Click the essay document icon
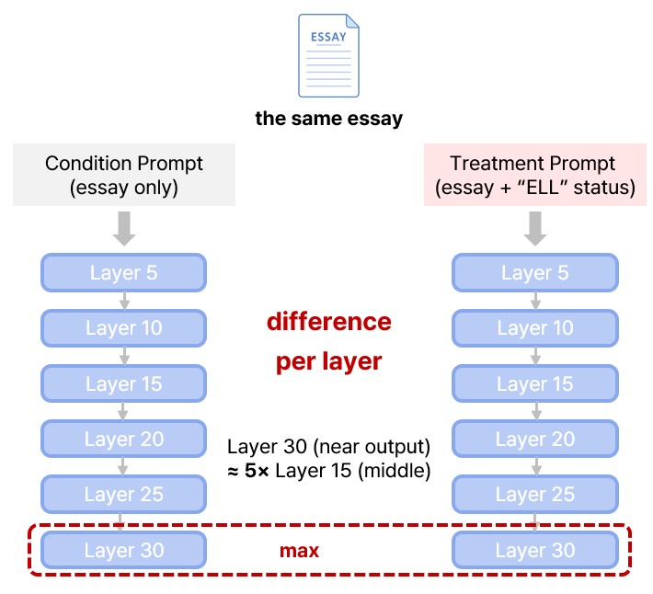point(328,55)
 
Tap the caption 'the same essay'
point(329,119)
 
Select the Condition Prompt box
point(124,175)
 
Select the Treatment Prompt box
point(535,175)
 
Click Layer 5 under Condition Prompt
point(123,273)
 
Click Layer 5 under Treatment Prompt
point(535,273)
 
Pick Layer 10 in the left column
point(123,328)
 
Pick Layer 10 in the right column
point(535,328)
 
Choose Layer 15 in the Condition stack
point(123,383)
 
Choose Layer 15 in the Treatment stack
point(535,383)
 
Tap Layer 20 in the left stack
point(123,439)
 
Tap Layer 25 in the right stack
point(535,494)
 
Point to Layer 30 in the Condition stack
point(123,550)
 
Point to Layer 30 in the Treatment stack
point(535,550)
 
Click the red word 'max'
point(299,551)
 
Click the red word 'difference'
point(329,322)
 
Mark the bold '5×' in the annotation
point(257,471)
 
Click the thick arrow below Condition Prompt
point(124,229)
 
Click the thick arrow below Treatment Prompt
point(535,229)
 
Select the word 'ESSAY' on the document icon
point(328,37)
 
